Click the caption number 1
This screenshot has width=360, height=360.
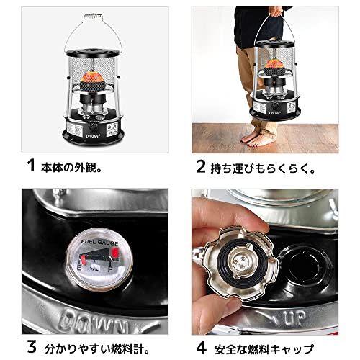(x=30, y=165)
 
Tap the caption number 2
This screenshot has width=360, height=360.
(x=201, y=165)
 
